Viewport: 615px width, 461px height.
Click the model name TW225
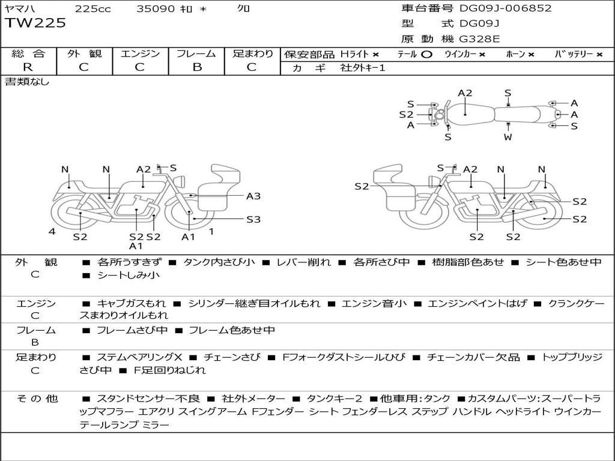click(x=35, y=23)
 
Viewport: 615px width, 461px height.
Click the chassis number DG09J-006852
click(x=505, y=8)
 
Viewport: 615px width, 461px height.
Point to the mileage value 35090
click(x=156, y=8)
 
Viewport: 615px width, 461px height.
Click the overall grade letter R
click(x=28, y=67)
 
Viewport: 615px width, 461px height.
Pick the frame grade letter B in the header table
click(x=196, y=67)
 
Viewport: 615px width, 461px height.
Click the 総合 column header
click(x=28, y=53)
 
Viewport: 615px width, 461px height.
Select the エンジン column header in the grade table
click(x=140, y=53)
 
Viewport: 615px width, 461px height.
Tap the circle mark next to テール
click(x=426, y=54)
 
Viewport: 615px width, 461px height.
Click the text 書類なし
click(x=27, y=82)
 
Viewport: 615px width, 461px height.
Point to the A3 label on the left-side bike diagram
click(x=253, y=196)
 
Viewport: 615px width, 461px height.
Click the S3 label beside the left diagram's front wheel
click(x=253, y=219)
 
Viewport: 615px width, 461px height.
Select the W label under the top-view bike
click(x=508, y=137)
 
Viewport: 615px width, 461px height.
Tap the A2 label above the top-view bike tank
click(x=465, y=93)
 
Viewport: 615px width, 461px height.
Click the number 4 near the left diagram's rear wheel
click(x=52, y=231)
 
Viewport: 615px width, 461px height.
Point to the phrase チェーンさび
click(x=232, y=357)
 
